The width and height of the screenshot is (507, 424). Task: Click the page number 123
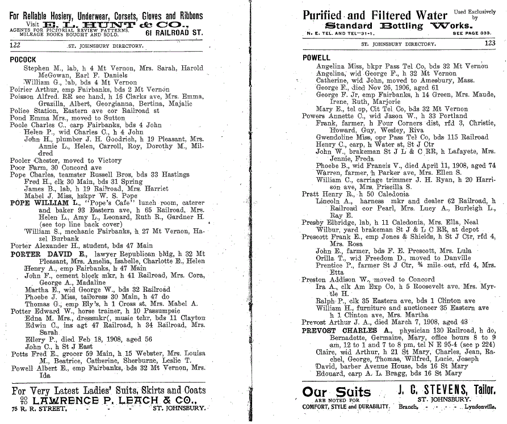tap(489, 43)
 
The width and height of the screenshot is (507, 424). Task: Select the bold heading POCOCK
tap(23, 60)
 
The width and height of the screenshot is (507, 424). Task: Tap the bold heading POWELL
tap(316, 58)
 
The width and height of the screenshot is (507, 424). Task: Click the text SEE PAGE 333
tap(480, 33)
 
